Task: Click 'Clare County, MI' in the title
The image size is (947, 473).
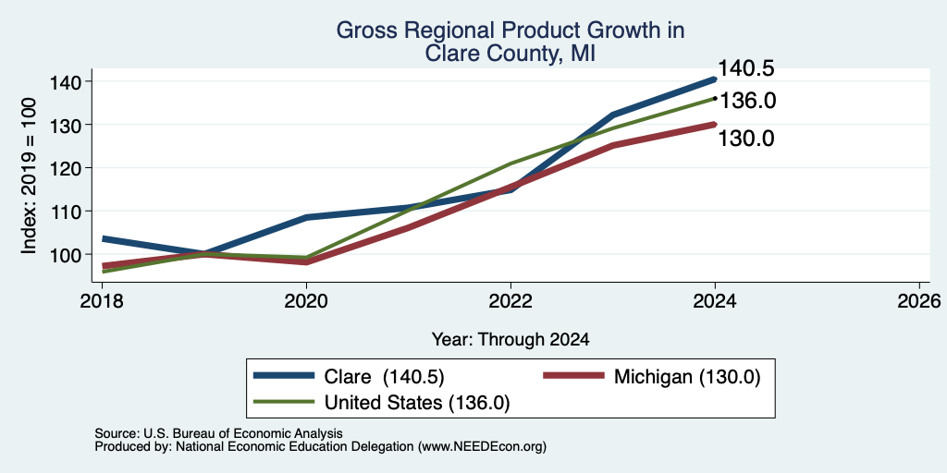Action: (x=510, y=54)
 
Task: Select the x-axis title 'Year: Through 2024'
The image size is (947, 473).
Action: (x=510, y=340)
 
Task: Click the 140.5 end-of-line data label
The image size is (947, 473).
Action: (x=746, y=68)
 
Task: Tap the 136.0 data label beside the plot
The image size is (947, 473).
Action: (x=747, y=101)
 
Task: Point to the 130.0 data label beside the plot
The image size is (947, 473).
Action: (x=746, y=139)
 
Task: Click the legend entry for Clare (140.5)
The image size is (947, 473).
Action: (x=349, y=377)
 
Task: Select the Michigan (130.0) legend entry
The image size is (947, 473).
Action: (x=652, y=377)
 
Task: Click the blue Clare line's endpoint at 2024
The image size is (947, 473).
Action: (x=715, y=79)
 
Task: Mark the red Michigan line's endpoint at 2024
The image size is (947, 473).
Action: (x=715, y=125)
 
